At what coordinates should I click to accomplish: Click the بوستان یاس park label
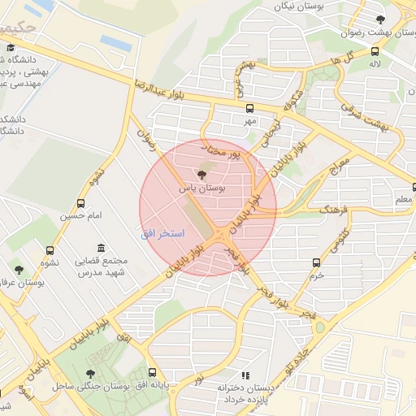[201, 188]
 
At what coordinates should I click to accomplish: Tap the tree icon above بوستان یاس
[201, 175]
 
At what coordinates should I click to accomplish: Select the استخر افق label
[162, 234]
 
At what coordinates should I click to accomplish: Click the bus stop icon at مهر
[249, 108]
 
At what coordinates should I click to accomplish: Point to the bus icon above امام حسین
[80, 203]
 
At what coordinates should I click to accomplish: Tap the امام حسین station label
[80, 216]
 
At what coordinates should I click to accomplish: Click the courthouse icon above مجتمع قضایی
[100, 248]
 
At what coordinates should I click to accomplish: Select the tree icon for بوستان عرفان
[19, 270]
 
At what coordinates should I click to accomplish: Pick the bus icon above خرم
[317, 262]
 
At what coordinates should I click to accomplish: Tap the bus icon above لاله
[375, 50]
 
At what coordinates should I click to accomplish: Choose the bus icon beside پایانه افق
[152, 374]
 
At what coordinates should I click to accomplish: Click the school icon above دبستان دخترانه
[245, 375]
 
